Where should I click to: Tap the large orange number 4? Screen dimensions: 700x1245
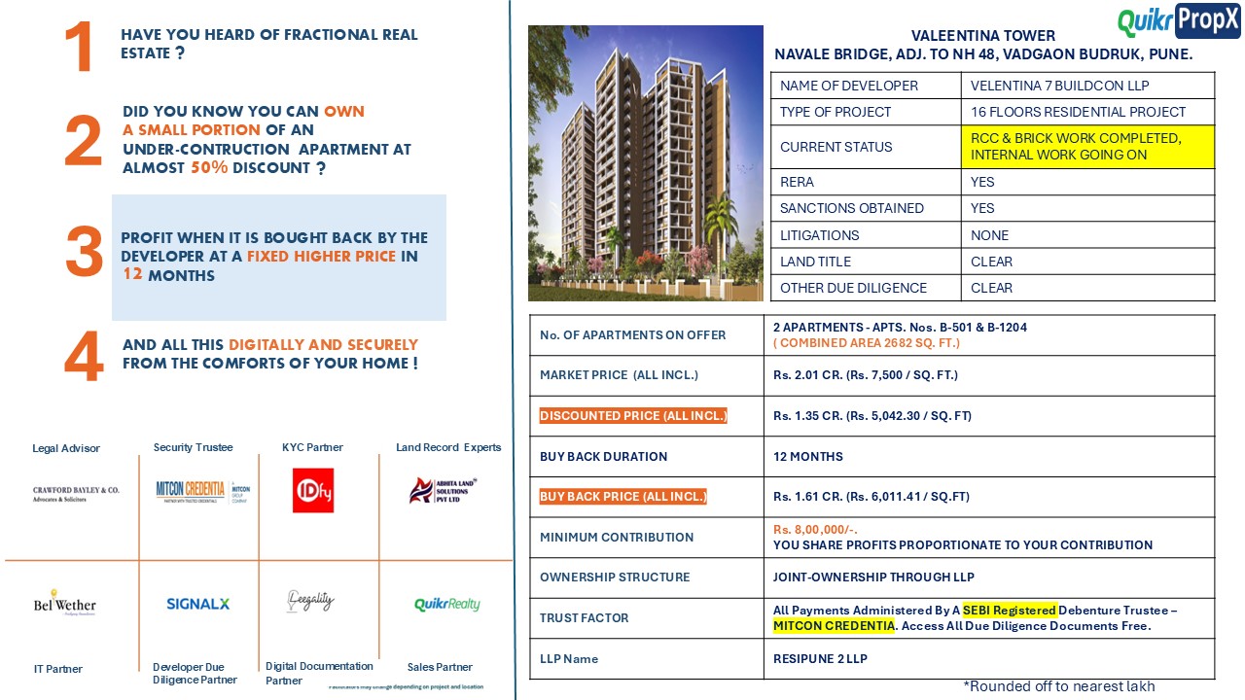point(84,358)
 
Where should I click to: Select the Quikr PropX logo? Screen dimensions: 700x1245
point(1179,20)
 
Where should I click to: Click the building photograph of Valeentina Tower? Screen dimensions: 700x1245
point(646,163)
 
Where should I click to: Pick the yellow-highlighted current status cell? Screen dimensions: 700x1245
point(1087,147)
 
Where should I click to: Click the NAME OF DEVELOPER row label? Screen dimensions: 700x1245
point(849,86)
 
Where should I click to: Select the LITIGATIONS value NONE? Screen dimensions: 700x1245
point(989,235)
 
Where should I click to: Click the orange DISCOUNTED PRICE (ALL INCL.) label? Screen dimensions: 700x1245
point(633,416)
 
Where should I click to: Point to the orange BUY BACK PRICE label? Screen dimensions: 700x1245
point(623,497)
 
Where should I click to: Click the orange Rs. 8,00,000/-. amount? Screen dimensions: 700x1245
point(815,530)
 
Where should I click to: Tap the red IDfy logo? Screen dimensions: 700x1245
point(313,490)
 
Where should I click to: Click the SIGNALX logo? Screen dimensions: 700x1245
point(197,604)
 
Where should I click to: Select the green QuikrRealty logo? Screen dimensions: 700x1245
point(446,605)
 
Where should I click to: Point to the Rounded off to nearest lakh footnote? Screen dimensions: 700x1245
point(1059,686)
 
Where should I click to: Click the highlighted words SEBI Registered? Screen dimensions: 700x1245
point(1009,611)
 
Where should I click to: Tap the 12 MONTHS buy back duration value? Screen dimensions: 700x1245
point(808,457)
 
